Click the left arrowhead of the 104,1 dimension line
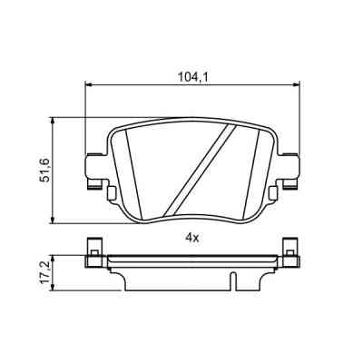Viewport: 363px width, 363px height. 88,87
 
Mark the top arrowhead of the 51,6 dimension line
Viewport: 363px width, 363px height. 56,120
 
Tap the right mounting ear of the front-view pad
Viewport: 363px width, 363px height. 291,169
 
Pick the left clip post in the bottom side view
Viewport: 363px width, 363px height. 93,250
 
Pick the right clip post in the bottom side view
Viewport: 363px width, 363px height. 290,250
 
